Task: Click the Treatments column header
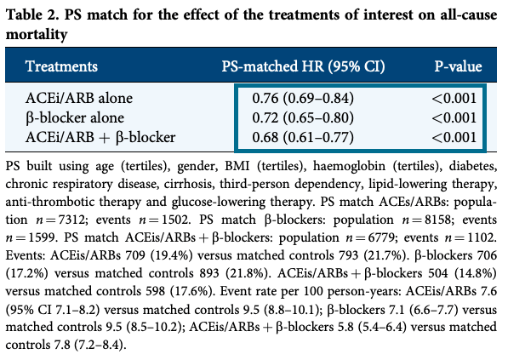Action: [x=61, y=66]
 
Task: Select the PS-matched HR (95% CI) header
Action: [x=303, y=66]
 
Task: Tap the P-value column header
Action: [x=458, y=66]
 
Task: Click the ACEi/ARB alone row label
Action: [x=79, y=98]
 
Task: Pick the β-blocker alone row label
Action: [x=75, y=117]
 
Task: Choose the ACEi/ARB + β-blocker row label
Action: [x=100, y=137]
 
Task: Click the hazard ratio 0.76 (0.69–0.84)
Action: [x=303, y=98]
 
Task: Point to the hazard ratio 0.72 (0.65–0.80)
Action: [x=303, y=117]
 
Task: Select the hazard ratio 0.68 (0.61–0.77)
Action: [x=303, y=137]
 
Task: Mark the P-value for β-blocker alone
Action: [x=454, y=117]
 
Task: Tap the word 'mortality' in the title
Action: [x=37, y=34]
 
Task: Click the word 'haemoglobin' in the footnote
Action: [x=349, y=166]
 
